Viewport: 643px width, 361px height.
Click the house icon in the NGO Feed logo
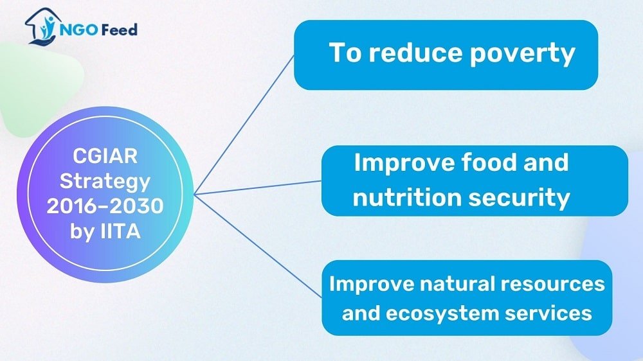pos(41,26)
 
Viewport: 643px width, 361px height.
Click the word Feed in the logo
pos(119,30)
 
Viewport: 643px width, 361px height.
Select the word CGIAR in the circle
pos(105,156)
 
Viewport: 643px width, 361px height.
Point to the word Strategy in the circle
pos(105,182)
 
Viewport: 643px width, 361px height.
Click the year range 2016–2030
pos(105,206)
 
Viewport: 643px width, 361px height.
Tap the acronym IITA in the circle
pos(121,231)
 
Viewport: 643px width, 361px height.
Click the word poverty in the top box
pos(522,54)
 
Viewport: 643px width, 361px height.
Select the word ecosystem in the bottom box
pos(442,314)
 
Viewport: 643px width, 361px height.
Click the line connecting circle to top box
pos(244,124)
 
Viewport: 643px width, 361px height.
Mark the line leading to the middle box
pos(258,188)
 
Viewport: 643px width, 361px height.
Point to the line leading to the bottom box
pos(258,245)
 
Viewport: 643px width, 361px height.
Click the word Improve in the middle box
pos(404,163)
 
